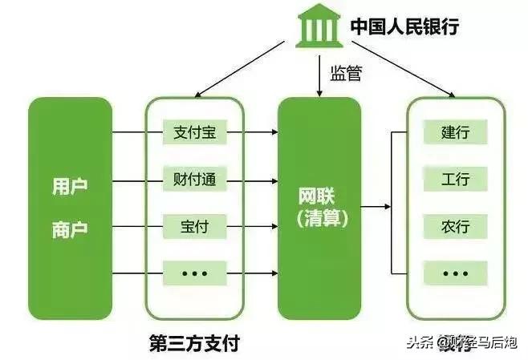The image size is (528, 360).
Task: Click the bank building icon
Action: (x=317, y=30)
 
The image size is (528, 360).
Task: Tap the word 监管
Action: (x=346, y=75)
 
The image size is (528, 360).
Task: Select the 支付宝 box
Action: (x=195, y=131)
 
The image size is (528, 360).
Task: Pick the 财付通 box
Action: (x=195, y=178)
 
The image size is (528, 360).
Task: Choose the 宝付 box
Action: (x=195, y=227)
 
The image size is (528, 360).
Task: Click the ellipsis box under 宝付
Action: (x=195, y=273)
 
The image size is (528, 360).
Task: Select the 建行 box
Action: (x=455, y=131)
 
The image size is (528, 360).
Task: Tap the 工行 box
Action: (x=455, y=178)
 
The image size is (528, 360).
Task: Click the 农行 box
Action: (x=455, y=227)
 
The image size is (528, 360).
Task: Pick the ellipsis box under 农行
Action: (x=455, y=273)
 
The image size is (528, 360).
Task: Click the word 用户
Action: (x=70, y=187)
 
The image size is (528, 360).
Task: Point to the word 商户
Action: (x=70, y=229)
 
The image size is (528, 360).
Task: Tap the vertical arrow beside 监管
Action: (x=319, y=76)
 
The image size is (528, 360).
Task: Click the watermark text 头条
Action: (x=415, y=342)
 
